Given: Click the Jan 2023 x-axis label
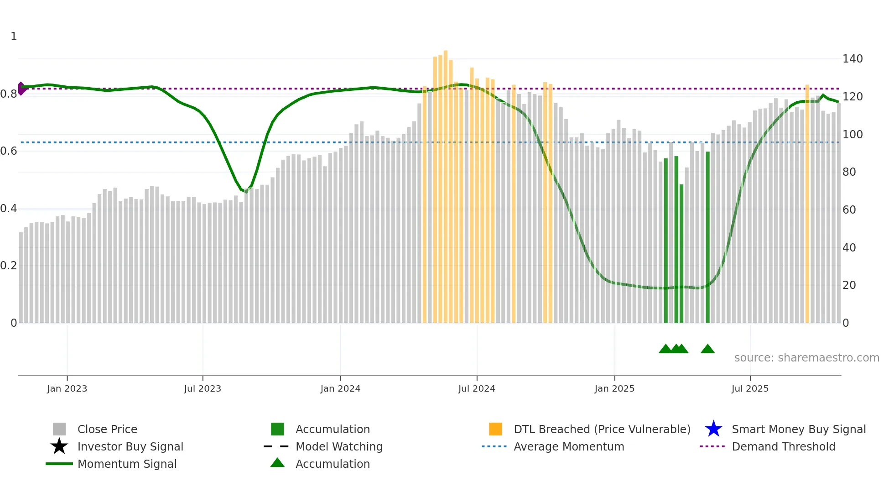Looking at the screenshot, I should (x=67, y=388).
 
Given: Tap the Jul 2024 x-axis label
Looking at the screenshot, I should (x=476, y=388).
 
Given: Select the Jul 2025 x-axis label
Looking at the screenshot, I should (x=749, y=388).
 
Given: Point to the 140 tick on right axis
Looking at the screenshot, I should (x=852, y=59).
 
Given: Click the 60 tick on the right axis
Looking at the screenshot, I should (x=849, y=210).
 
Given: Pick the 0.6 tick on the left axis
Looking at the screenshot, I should (x=9, y=151).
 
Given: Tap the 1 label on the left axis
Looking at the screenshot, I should (x=14, y=37).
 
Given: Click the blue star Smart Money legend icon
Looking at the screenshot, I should (x=713, y=429).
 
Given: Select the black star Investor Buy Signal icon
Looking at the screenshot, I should (x=59, y=446).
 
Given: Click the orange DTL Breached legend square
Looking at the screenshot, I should (x=495, y=429).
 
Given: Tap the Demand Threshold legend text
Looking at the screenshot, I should (x=783, y=446).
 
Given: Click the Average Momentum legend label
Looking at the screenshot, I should (x=568, y=446).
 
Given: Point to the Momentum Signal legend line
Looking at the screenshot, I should (x=59, y=464).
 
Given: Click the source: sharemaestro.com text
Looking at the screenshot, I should (x=806, y=358).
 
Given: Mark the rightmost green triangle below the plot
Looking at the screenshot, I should (x=707, y=349).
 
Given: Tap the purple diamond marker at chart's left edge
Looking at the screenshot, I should (x=21, y=89).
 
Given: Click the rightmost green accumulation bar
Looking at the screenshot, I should (x=707, y=237).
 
